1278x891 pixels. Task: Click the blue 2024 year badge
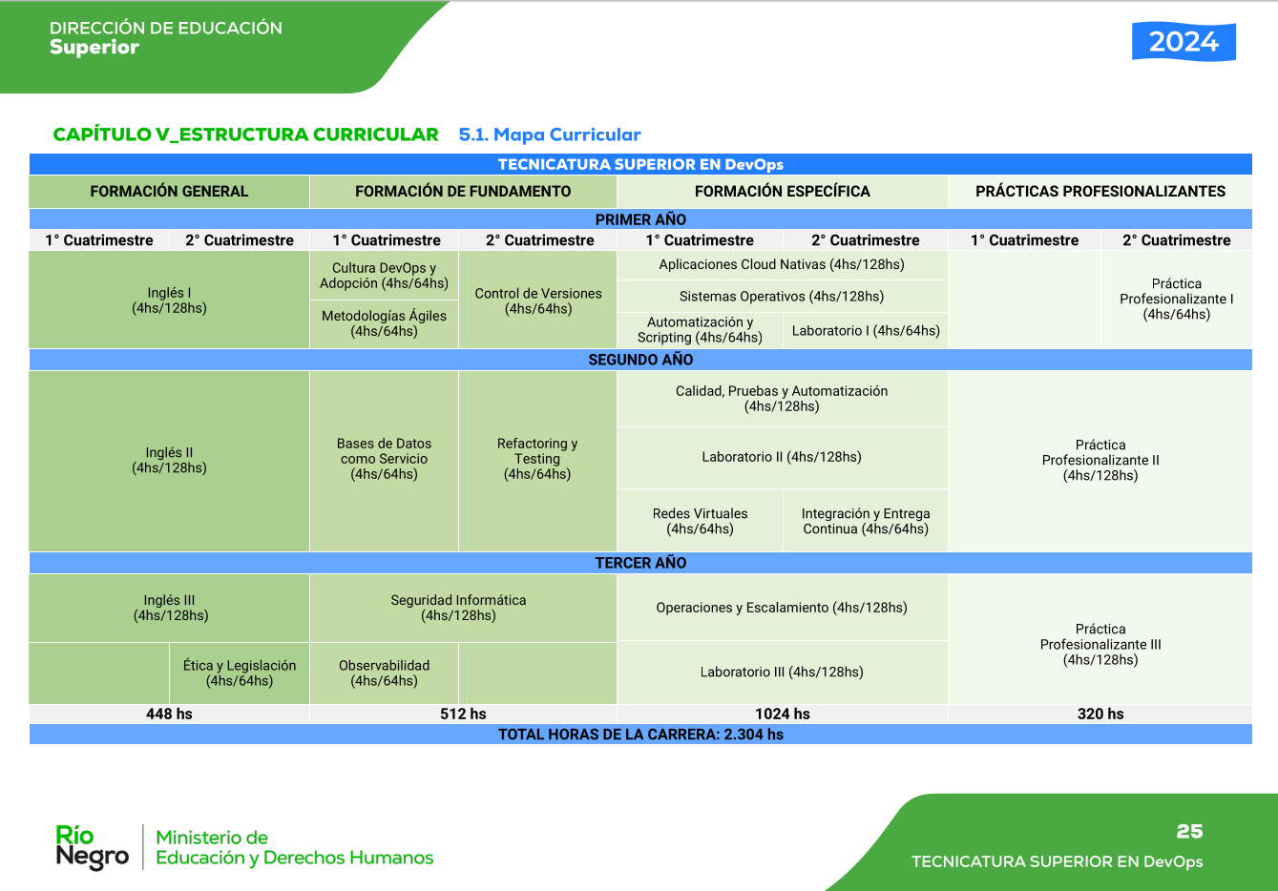pos(1184,42)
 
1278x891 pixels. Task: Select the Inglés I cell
pos(169,300)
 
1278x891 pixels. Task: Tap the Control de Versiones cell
pos(537,300)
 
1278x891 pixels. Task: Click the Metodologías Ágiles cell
pos(384,324)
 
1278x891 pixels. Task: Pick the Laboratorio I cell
pos(866,330)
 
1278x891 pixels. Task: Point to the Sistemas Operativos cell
pos(782,296)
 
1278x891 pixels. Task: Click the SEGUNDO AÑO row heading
pos(640,360)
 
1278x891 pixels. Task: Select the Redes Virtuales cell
pos(700,521)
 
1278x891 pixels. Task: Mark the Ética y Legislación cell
pos(240,673)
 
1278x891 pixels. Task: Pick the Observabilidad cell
pos(384,673)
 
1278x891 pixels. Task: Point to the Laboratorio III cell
pos(782,672)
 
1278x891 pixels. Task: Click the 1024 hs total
pos(783,714)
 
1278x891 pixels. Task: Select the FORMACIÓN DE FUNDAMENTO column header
pos(463,191)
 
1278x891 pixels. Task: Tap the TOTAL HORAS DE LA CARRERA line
pos(640,735)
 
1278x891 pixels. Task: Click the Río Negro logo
pos(92,847)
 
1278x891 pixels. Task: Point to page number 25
pos(1189,831)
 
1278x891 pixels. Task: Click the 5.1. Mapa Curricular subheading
pos(550,135)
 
